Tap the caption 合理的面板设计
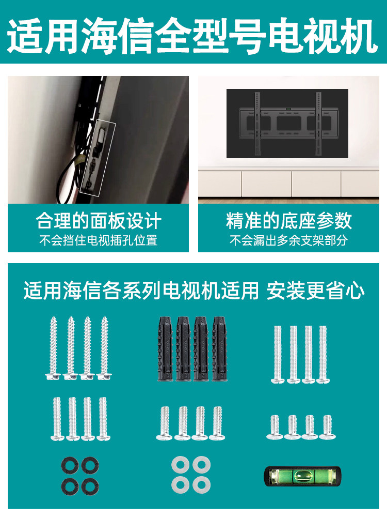(x=99, y=221)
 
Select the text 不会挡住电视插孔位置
(x=99, y=240)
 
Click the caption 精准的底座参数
(x=288, y=221)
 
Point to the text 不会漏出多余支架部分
(x=288, y=240)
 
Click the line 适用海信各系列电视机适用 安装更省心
(x=193, y=291)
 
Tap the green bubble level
(x=302, y=476)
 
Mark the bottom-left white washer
(x=180, y=485)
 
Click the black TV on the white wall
(x=287, y=123)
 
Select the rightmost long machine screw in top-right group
(x=323, y=354)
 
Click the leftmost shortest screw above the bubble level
(x=274, y=427)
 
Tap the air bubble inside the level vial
(x=304, y=476)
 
